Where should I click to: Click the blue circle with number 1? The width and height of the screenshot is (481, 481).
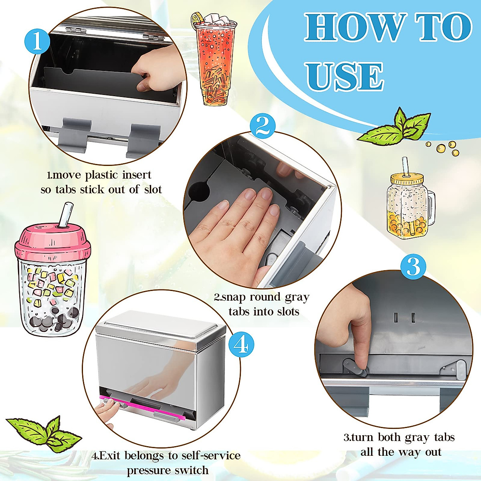37,41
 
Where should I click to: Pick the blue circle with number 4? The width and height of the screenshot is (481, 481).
240,345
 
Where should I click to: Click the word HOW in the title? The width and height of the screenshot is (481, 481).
353,27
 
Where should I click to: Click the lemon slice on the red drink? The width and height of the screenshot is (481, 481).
197,18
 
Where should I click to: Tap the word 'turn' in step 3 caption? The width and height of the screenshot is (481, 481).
363,437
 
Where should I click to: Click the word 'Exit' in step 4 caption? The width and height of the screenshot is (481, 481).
110,456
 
